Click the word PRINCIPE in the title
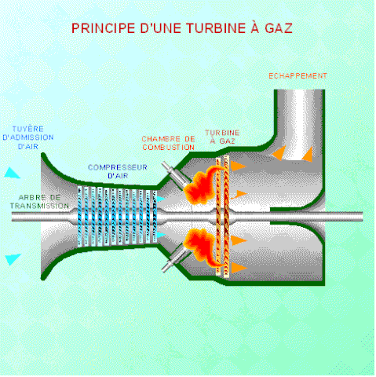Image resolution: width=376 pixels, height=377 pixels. tap(100, 27)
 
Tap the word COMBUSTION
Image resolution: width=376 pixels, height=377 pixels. tap(168, 147)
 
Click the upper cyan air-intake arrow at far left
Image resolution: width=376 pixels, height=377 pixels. tap(11, 172)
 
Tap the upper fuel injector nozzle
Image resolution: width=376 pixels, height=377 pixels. tap(169, 171)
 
